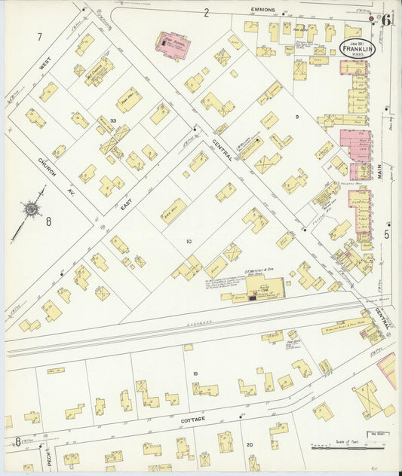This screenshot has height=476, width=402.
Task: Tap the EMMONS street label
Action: [264, 11]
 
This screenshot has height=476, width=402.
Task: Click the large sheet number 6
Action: [385, 20]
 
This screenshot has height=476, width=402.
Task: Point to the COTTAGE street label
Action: [192, 418]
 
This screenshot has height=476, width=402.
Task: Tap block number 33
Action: [112, 121]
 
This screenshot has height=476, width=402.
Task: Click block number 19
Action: [195, 374]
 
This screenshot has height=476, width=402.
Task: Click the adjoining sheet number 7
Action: [39, 36]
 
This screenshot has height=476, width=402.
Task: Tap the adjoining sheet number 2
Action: [205, 12]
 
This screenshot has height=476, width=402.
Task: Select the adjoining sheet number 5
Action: [387, 234]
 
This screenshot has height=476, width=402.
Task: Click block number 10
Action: [189, 241]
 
